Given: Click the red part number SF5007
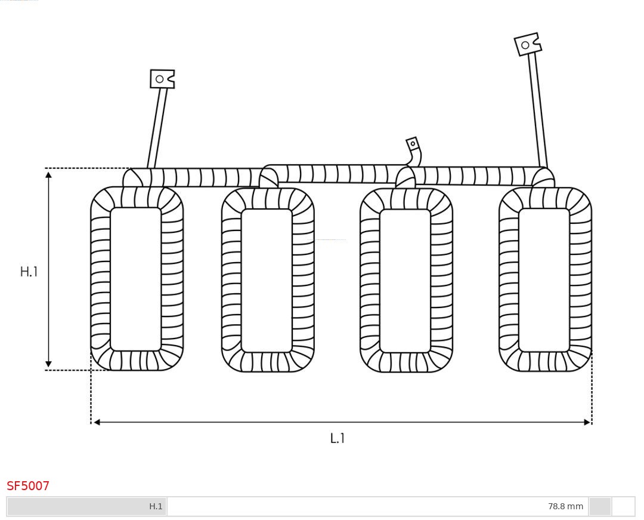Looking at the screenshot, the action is coord(28,486).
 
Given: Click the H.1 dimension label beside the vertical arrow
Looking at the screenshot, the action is coord(29,272).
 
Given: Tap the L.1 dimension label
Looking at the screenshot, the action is coord(337,438).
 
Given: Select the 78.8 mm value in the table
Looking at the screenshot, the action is coord(565,506).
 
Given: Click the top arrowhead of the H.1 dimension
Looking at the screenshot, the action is coord(48,175).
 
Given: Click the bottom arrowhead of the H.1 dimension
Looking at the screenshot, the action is coord(48,364).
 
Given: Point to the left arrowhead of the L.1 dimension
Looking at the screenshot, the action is coord(97,422).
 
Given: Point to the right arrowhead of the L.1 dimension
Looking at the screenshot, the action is coord(587,422).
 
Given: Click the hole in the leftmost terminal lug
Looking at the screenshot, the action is coord(160,79).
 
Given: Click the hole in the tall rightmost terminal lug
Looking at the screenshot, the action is coord(525,45).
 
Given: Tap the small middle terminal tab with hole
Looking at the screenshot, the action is coord(412,144).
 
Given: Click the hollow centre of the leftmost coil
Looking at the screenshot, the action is coord(136,279).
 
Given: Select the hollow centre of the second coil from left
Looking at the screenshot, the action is coord(267,281).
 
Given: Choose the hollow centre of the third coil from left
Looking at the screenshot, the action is coord(405,281).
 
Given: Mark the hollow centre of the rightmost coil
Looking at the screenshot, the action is coord(544,281).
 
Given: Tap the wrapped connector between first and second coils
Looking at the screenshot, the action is coord(196,177).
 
